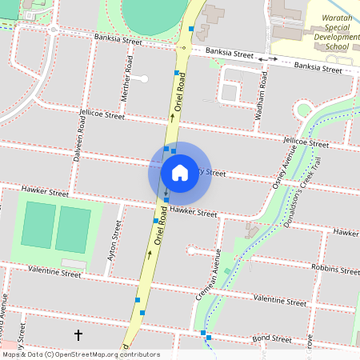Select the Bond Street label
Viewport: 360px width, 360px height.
point(271,338)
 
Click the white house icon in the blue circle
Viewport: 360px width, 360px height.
point(179,172)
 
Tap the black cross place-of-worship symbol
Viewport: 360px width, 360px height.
point(78,334)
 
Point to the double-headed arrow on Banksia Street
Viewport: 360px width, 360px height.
point(268,58)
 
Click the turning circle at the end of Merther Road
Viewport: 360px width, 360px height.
point(145,78)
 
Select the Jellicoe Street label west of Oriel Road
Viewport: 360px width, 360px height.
point(102,115)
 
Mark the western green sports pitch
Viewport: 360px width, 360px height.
point(38,225)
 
